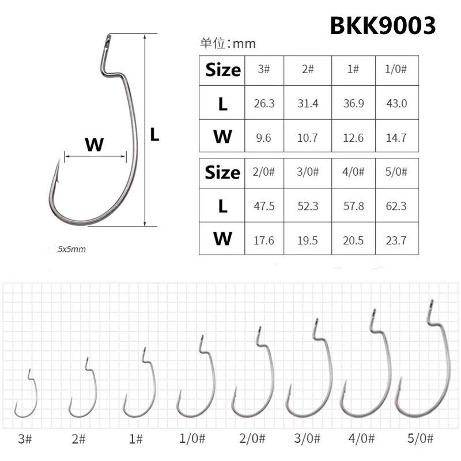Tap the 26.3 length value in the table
click(264, 104)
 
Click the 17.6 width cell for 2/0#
click(264, 239)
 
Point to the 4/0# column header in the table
click(352, 172)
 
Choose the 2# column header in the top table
click(308, 69)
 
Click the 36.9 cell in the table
click(352, 104)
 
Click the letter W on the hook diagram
click(94, 144)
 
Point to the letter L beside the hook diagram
click(154, 135)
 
